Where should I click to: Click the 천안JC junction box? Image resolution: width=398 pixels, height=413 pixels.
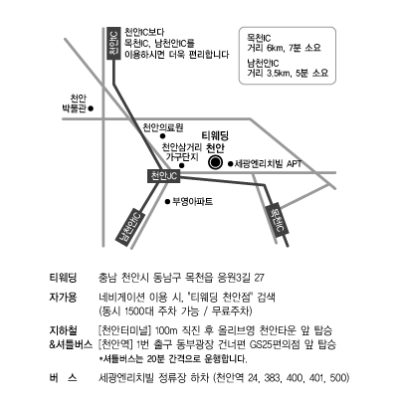[164, 176]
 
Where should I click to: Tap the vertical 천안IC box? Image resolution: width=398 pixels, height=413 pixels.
[113, 44]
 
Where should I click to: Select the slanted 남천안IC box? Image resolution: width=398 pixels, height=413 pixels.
[130, 228]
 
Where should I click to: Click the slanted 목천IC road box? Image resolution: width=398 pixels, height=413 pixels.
[278, 219]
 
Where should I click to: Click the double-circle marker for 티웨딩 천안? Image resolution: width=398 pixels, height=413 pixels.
[215, 162]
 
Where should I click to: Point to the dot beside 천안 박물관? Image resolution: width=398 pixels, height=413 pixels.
[92, 108]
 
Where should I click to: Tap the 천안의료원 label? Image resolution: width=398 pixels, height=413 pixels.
[163, 127]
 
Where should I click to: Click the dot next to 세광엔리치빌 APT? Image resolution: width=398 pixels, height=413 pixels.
[230, 163]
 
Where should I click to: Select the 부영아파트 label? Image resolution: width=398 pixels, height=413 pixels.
[193, 201]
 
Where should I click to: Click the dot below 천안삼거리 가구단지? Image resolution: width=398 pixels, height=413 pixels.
[181, 165]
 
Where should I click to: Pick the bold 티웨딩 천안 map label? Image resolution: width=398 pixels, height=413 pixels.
[216, 141]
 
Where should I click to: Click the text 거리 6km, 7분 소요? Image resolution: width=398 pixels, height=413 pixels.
[285, 48]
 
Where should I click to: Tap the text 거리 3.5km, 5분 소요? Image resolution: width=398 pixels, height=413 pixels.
[288, 73]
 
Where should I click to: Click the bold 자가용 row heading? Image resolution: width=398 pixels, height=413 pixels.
[63, 297]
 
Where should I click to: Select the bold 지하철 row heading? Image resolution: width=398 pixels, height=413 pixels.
[63, 330]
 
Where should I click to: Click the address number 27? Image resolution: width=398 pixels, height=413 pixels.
[259, 278]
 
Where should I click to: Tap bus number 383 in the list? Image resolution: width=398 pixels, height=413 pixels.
[273, 378]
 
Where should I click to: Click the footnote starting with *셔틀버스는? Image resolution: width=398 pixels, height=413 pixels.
[173, 358]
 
